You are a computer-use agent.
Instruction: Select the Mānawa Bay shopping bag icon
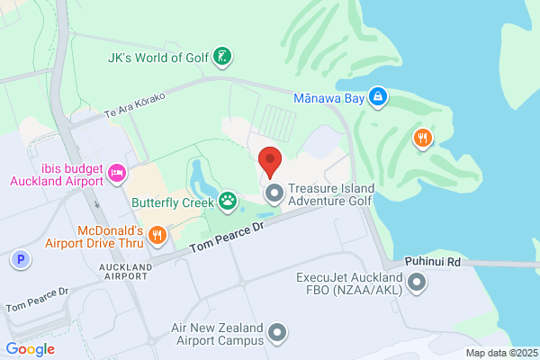[379, 94]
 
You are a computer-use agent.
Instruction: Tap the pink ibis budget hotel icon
[117, 172]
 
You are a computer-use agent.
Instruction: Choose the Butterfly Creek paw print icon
[228, 201]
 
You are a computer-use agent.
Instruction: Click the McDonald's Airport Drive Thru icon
[157, 235]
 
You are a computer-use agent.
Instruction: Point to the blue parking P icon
[19, 260]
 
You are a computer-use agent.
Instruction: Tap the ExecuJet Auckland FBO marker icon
[417, 284]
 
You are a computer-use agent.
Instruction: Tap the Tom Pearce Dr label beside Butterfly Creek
[228, 237]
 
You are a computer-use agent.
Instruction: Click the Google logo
[30, 348]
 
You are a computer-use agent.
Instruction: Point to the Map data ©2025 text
[500, 353]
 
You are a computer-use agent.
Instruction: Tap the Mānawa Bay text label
[329, 94]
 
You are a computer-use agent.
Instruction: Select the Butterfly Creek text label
[172, 203]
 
